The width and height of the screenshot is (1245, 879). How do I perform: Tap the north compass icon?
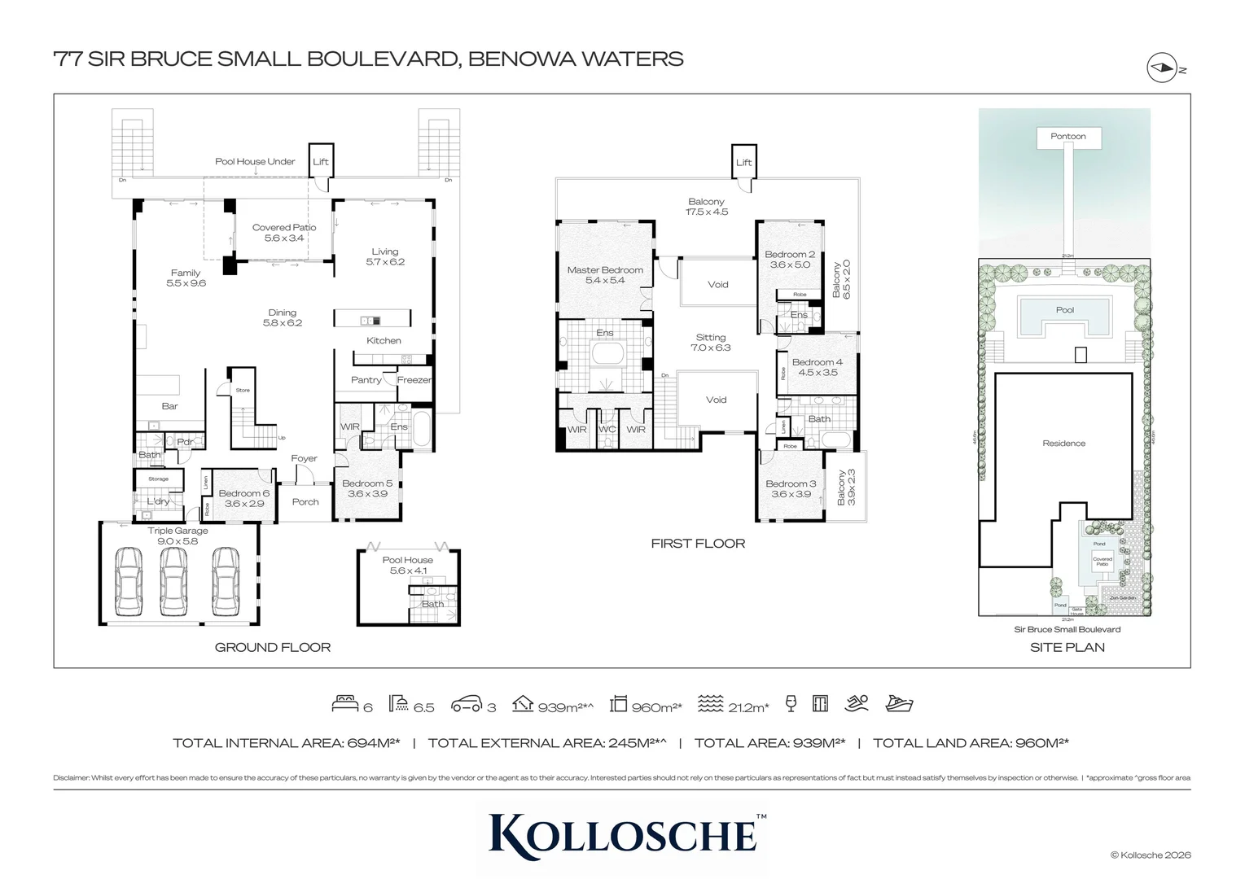coord(1162,68)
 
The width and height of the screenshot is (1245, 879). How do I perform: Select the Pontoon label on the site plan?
coord(1067,137)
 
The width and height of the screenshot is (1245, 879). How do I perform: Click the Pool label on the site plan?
coord(1064,310)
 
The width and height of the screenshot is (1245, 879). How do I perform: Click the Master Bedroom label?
coord(605,275)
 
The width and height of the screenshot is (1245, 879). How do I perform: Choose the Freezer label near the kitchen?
coord(414,380)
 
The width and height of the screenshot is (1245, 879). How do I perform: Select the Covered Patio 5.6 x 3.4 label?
coord(283,233)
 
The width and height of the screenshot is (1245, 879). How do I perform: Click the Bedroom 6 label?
coord(243,498)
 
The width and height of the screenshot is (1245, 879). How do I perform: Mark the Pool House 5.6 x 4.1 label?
coord(408,565)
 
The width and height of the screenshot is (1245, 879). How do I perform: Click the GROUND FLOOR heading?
coord(273,648)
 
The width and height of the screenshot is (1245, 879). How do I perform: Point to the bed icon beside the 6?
coord(344,703)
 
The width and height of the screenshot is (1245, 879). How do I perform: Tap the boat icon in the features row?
coord(899,703)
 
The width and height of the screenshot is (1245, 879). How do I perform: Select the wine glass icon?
coord(791,703)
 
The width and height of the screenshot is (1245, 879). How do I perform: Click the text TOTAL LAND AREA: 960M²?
coord(970,743)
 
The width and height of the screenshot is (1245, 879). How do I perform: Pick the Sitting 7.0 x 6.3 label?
coord(711,342)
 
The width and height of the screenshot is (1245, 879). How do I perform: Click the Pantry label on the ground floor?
coord(366,380)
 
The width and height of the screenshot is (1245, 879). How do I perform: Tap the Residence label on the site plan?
coord(1063,444)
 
